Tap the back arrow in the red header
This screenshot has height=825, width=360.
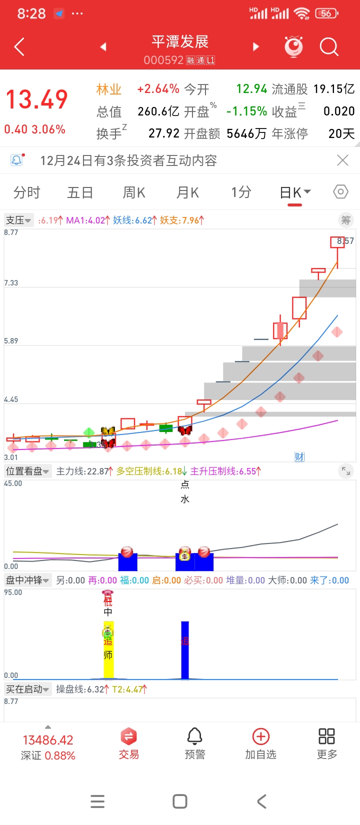click(19, 47)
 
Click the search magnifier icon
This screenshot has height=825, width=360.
click(329, 47)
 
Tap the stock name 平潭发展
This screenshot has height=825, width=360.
click(179, 41)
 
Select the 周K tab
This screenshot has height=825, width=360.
click(134, 192)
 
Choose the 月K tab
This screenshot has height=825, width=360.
click(187, 192)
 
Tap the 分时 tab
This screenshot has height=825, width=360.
click(26, 192)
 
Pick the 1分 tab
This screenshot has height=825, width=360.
click(241, 192)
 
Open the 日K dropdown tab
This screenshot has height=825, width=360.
click(295, 193)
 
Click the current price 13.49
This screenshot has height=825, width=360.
click(36, 99)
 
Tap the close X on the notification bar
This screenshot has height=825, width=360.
click(342, 160)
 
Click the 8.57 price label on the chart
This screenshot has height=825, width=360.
click(345, 241)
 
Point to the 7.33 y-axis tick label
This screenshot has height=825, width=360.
click(11, 283)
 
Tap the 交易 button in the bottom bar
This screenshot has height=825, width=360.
click(128, 743)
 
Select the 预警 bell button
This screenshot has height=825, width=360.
click(194, 743)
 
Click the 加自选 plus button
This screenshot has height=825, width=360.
click(260, 743)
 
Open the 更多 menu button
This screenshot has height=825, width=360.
click(326, 743)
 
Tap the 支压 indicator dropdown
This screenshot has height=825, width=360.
click(18, 220)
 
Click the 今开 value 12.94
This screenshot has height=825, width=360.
click(251, 89)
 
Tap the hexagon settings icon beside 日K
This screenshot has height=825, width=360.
click(340, 192)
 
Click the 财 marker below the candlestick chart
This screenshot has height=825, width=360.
click(299, 456)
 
